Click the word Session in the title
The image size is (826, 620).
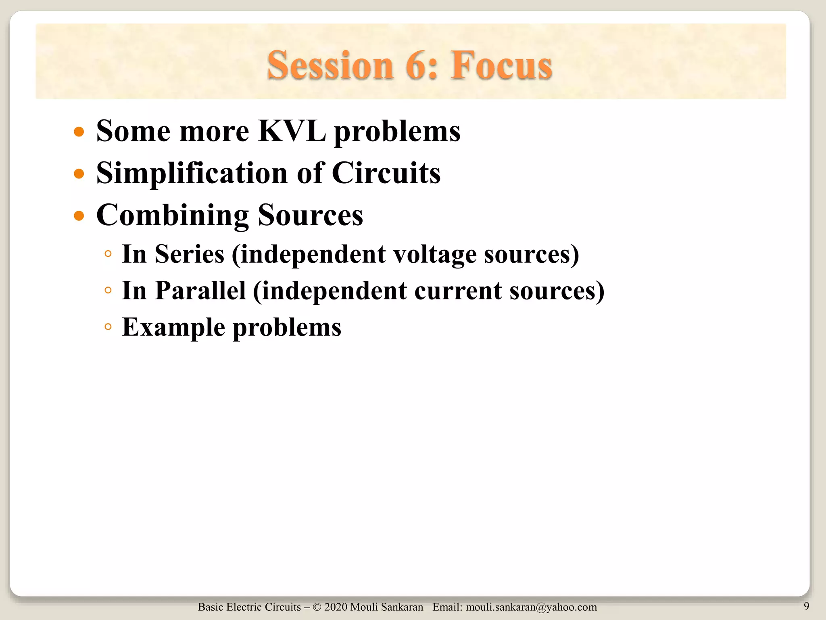330,65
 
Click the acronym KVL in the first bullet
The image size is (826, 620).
292,131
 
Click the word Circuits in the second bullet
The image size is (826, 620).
386,174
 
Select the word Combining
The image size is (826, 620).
173,216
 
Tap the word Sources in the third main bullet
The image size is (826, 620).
310,216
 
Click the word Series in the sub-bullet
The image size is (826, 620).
189,254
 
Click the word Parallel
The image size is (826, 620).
200,291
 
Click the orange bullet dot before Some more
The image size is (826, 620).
79,132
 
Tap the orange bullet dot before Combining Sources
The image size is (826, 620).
79,216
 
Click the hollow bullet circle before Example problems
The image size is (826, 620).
108,326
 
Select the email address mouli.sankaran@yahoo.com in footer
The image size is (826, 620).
531,607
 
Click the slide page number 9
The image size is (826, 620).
806,606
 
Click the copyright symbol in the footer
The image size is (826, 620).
317,607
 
